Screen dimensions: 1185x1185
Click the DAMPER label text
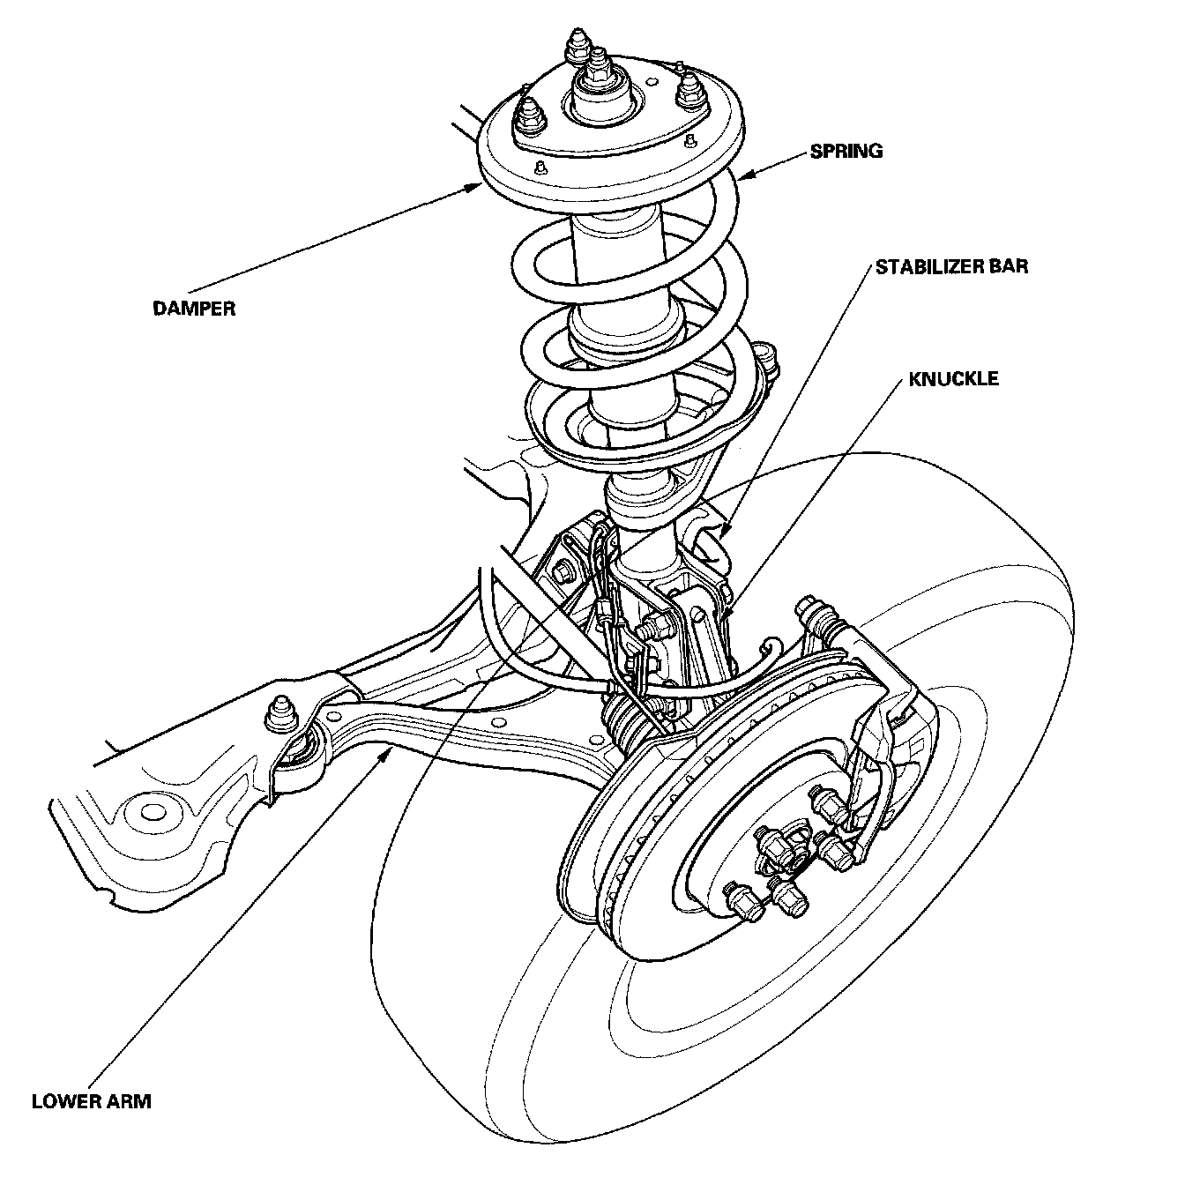(193, 309)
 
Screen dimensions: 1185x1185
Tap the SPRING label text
(846, 152)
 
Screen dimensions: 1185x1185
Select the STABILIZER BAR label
(951, 265)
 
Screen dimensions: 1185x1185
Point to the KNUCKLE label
(953, 379)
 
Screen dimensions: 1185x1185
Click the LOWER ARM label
(91, 1101)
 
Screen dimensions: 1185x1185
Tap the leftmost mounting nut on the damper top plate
(528, 113)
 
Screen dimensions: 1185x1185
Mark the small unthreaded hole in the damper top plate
(538, 164)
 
